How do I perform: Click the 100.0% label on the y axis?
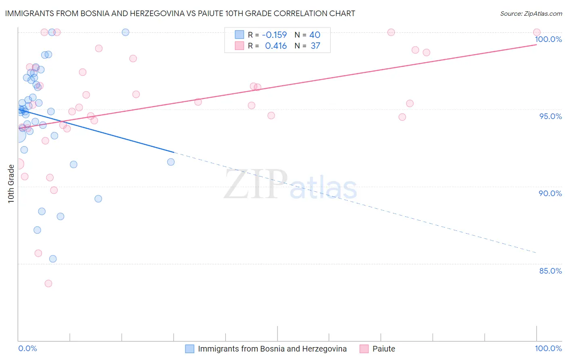point(548,39)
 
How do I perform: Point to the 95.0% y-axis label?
point(550,116)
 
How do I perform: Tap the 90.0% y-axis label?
point(550,193)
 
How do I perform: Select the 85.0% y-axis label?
point(550,271)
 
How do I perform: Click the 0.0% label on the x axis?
point(27,348)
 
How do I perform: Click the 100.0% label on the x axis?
point(548,348)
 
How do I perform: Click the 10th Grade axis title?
point(11,184)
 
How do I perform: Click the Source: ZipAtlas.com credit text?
point(531,14)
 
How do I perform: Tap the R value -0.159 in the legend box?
point(274,35)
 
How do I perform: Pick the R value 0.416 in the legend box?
point(276,46)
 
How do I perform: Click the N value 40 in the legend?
point(315,35)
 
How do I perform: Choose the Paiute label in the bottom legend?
point(384,349)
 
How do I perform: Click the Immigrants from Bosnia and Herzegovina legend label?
point(272,349)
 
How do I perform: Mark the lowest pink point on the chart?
point(48,283)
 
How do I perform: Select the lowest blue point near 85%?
point(53,259)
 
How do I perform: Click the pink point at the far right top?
point(537,32)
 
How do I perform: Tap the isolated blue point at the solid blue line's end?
point(171,162)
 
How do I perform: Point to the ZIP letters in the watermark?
point(256,184)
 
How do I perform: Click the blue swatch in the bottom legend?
point(190,349)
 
